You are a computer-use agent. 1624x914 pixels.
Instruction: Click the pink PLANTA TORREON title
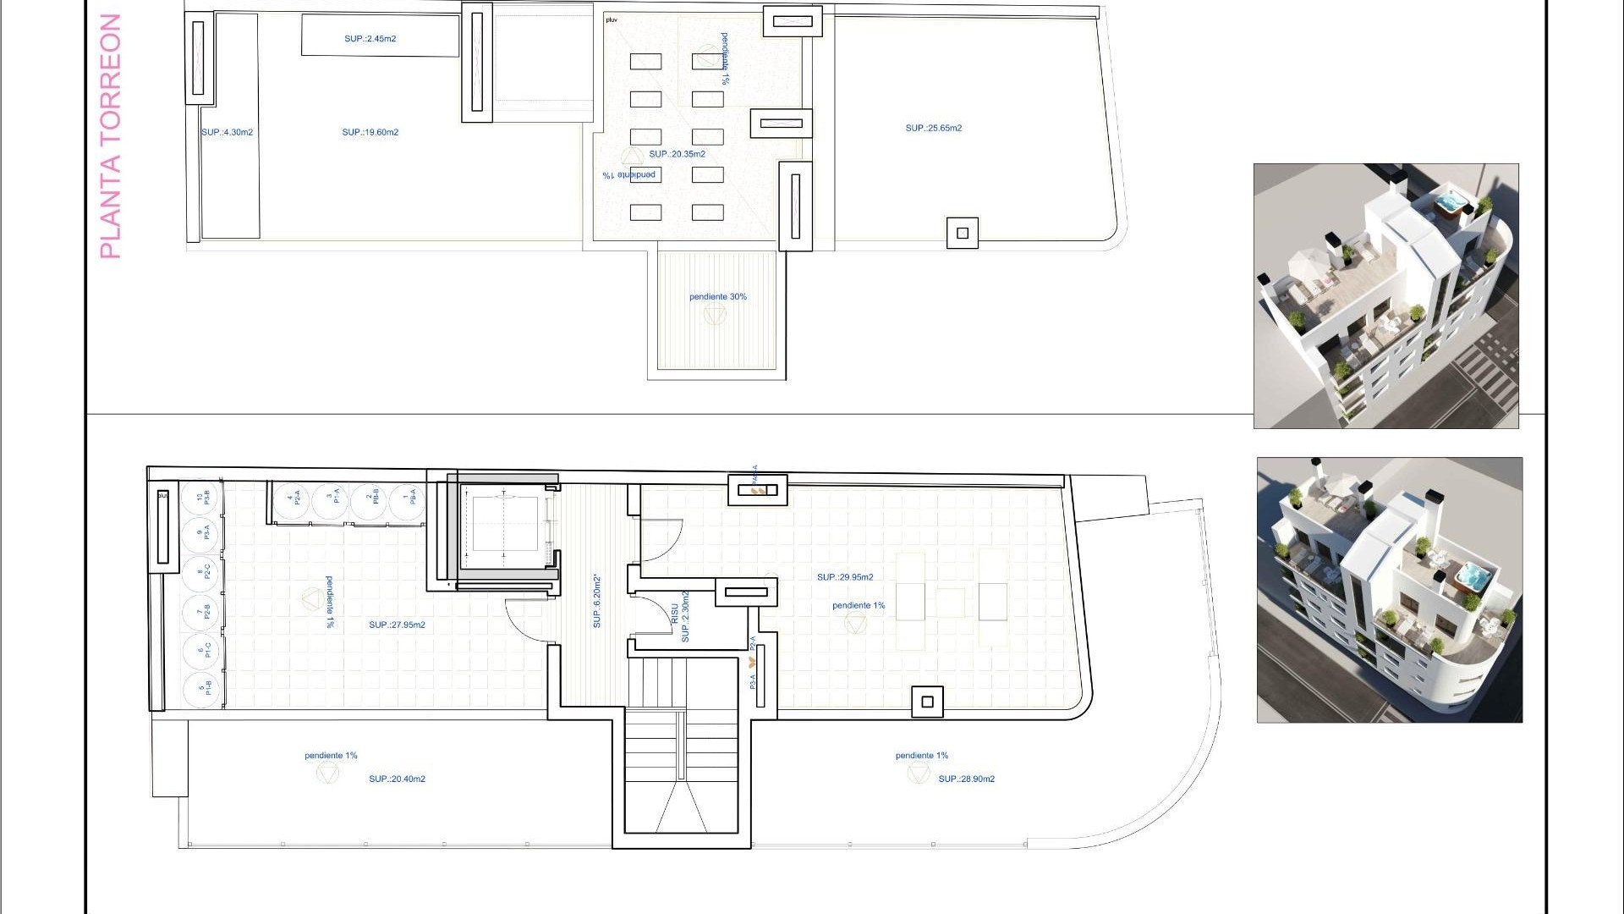[x=111, y=135]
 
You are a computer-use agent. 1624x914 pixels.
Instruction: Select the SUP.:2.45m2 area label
[x=370, y=39]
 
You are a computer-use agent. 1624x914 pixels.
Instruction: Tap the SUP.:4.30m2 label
[x=227, y=133]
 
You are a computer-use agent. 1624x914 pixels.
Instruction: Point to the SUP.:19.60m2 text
[x=370, y=133]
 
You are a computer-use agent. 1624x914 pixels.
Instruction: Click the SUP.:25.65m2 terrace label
[x=933, y=129]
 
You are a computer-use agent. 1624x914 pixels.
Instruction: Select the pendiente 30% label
[x=717, y=297]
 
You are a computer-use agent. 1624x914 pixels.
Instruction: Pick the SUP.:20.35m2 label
[x=677, y=155]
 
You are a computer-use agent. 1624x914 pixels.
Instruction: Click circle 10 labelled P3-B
[x=202, y=498]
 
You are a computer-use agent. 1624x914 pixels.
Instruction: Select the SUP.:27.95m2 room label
[x=397, y=625]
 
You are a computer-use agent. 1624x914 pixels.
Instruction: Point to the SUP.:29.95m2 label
[x=845, y=577]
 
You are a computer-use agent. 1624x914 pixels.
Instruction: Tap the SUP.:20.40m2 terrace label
[x=397, y=779]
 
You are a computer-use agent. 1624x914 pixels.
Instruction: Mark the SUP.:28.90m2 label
[x=966, y=779]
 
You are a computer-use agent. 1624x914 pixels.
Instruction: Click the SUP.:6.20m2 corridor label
[x=596, y=602]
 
